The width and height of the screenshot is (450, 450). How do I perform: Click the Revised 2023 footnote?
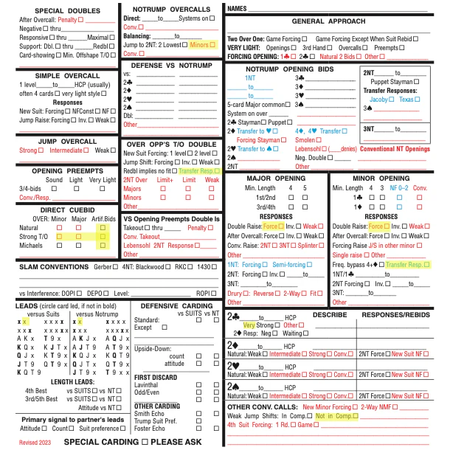tap(35, 441)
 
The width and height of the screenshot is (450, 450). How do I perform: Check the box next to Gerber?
tap(134, 266)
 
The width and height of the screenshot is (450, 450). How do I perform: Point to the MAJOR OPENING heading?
tap(276, 179)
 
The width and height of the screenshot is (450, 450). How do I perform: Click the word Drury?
tap(236, 293)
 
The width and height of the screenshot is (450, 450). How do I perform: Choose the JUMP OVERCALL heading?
tap(59, 140)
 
